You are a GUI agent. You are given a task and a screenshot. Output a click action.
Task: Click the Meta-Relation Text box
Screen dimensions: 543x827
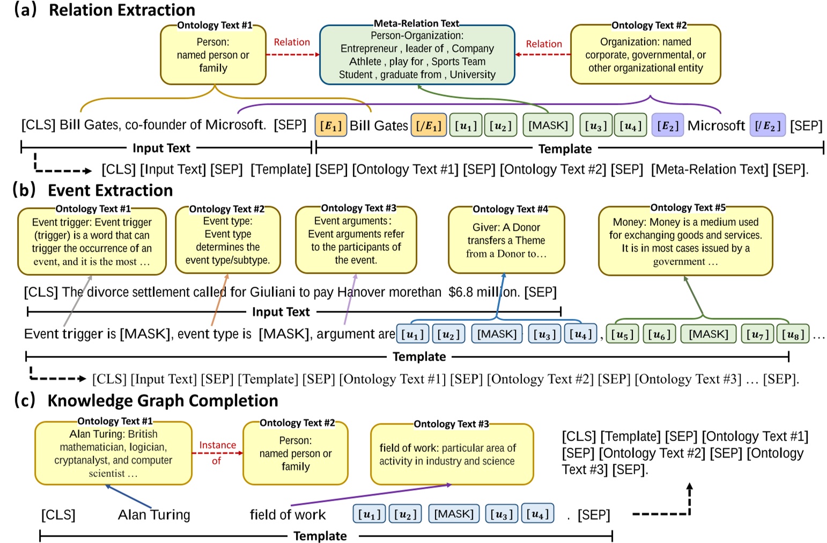pyautogui.click(x=417, y=55)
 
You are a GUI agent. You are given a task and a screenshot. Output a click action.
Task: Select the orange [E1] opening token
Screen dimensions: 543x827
pyautogui.click(x=330, y=126)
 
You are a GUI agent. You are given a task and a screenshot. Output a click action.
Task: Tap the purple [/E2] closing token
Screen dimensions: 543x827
pyautogui.click(x=767, y=126)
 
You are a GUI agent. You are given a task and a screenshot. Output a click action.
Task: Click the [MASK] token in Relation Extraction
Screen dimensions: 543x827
pyautogui.click(x=548, y=126)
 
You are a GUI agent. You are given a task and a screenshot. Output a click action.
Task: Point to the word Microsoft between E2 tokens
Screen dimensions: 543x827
pyautogui.click(x=716, y=126)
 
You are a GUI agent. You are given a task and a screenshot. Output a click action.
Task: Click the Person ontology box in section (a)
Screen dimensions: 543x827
pyautogui.click(x=213, y=55)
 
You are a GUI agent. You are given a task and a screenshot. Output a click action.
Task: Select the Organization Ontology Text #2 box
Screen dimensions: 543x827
pyautogui.click(x=645, y=55)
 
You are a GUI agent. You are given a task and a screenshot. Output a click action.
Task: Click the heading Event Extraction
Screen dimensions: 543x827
pyautogui.click(x=110, y=190)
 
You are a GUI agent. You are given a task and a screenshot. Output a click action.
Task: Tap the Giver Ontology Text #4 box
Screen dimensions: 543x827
pyautogui.click(x=506, y=240)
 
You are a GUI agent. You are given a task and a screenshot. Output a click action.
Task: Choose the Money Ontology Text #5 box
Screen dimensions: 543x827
pyautogui.click(x=685, y=241)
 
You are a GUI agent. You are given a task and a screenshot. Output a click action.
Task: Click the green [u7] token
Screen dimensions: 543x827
pyautogui.click(x=757, y=335)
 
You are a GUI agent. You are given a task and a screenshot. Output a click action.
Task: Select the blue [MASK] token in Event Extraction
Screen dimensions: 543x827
pyautogui.click(x=497, y=334)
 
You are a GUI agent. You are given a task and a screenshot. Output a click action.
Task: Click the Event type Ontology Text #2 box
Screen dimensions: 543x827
pyautogui.click(x=227, y=240)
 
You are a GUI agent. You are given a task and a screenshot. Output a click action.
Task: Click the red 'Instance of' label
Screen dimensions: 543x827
pyautogui.click(x=217, y=452)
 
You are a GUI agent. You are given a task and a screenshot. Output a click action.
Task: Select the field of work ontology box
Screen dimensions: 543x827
pyautogui.click(x=452, y=454)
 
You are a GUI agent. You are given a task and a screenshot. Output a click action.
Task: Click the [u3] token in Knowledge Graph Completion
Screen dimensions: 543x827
pyautogui.click(x=501, y=514)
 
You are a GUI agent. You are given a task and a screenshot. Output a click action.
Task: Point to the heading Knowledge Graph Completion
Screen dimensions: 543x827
pyautogui.click(x=163, y=401)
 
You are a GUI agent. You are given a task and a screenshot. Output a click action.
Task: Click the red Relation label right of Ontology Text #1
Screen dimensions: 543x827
pyautogui.click(x=292, y=42)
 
